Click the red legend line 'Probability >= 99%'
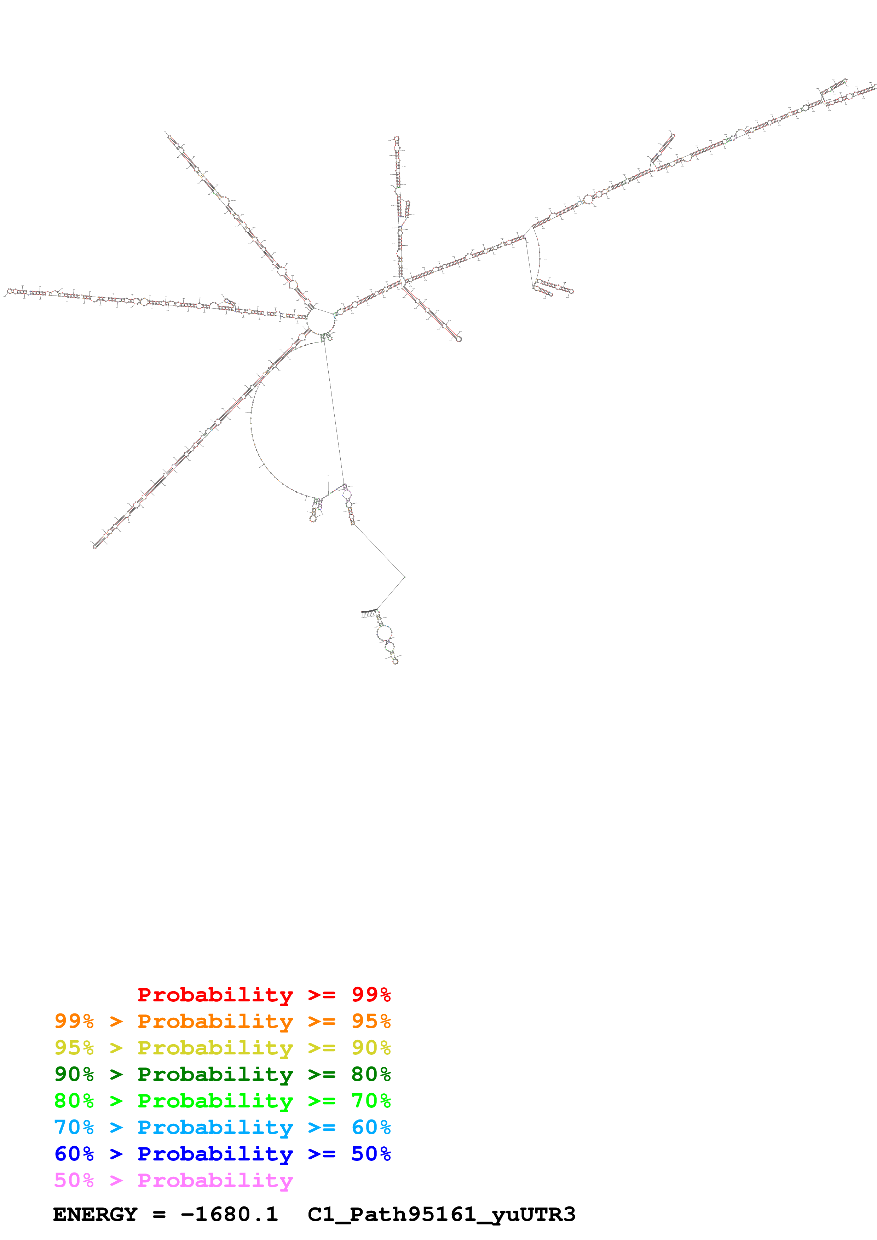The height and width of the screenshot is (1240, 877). (264, 995)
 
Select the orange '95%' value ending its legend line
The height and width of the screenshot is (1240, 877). (371, 1021)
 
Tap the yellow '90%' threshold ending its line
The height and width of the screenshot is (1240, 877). (371, 1048)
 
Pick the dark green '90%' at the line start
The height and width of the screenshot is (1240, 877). (74, 1074)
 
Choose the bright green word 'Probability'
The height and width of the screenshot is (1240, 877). (215, 1101)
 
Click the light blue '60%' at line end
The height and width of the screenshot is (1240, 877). (371, 1127)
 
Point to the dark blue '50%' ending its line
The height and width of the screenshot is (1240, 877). (371, 1154)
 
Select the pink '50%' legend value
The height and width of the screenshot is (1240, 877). (74, 1180)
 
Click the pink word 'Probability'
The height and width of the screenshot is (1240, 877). (215, 1180)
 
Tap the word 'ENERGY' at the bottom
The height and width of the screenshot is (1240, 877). (95, 1215)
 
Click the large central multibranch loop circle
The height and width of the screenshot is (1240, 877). (321, 321)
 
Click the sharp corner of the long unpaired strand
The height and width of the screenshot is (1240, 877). (405, 577)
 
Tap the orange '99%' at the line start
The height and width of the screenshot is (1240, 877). (74, 1021)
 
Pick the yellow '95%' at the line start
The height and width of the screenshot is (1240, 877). (74, 1048)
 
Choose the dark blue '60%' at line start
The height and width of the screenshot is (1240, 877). (74, 1154)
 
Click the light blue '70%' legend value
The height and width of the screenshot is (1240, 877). (74, 1127)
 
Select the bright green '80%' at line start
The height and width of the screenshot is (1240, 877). (74, 1101)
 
